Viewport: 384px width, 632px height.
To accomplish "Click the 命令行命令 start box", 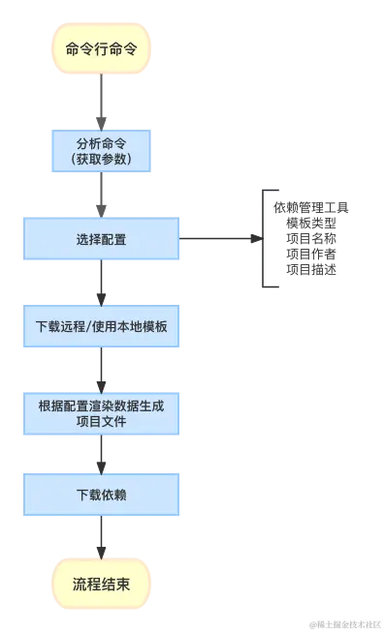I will pyautogui.click(x=101, y=46).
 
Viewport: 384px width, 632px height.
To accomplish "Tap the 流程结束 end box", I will pyautogui.click(x=101, y=585).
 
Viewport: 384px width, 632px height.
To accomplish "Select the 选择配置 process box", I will pyautogui.click(x=101, y=239).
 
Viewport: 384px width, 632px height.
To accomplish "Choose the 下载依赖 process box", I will pyautogui.click(x=101, y=495).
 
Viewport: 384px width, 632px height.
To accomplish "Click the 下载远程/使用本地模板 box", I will pyautogui.click(x=101, y=326).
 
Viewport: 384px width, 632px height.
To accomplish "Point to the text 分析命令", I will pyautogui.click(x=101, y=141).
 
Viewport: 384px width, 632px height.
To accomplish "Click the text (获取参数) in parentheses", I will pyautogui.click(x=101, y=159).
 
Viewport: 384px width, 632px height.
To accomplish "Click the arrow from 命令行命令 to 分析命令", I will pyautogui.click(x=101, y=99).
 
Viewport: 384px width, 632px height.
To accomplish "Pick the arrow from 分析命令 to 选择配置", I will pyautogui.click(x=101, y=194).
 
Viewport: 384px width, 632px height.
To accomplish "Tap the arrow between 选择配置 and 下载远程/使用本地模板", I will pyautogui.click(x=101, y=283).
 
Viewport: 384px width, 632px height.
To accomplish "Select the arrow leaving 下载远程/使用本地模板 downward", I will pyautogui.click(x=101, y=368).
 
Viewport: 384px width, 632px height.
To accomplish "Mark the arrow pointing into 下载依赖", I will pyautogui.click(x=101, y=453).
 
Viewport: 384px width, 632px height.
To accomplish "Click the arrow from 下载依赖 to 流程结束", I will pyautogui.click(x=101, y=537).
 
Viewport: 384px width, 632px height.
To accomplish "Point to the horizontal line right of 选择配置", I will pyautogui.click(x=217, y=235).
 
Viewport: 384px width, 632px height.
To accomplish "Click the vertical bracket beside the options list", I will pyautogui.click(x=260, y=239).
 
